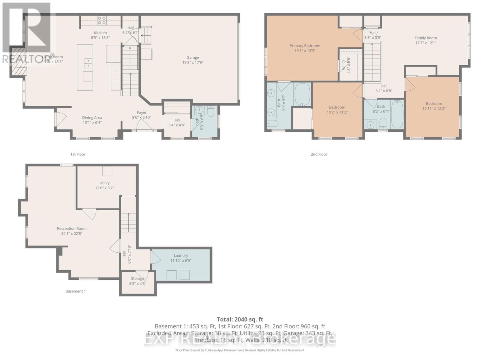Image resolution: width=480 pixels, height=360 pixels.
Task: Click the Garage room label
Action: (193, 57)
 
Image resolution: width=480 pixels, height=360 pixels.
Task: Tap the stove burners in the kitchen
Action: (101, 20)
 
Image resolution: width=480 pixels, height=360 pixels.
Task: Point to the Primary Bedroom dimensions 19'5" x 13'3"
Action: (305, 51)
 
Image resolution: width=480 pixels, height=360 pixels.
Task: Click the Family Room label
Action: (425, 38)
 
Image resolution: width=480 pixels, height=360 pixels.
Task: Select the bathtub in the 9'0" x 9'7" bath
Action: (302, 94)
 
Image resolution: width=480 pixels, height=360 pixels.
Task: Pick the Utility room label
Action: (104, 183)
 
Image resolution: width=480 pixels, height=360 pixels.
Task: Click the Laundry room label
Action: (181, 255)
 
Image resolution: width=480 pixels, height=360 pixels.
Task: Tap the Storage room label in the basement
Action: (137, 278)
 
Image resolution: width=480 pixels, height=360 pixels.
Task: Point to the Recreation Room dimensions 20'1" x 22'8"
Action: (72, 233)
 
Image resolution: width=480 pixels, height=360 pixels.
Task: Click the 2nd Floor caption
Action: (319, 154)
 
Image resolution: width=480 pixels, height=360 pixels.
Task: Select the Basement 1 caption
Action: (75, 291)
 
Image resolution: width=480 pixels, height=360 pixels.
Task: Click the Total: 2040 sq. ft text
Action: (240, 319)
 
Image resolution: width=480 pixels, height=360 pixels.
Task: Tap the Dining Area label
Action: (92, 118)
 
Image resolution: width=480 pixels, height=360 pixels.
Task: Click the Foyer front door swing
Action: (144, 127)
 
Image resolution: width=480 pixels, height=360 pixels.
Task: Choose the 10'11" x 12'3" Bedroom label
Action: (434, 103)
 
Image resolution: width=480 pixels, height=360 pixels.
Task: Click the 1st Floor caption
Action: (78, 154)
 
